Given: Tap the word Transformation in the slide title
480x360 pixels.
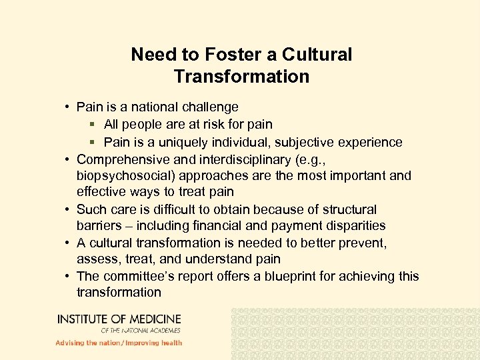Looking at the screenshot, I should pyautogui.click(x=241, y=77).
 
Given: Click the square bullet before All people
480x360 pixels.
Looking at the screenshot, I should pyautogui.click(x=93, y=125).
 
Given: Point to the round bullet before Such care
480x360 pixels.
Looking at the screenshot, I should pyautogui.click(x=69, y=210).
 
